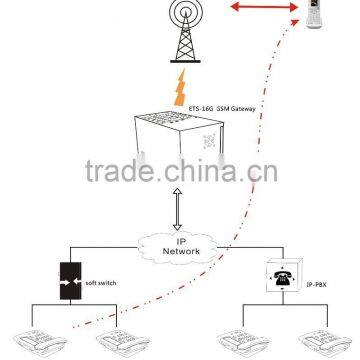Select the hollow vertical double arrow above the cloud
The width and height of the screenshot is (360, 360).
179,213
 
